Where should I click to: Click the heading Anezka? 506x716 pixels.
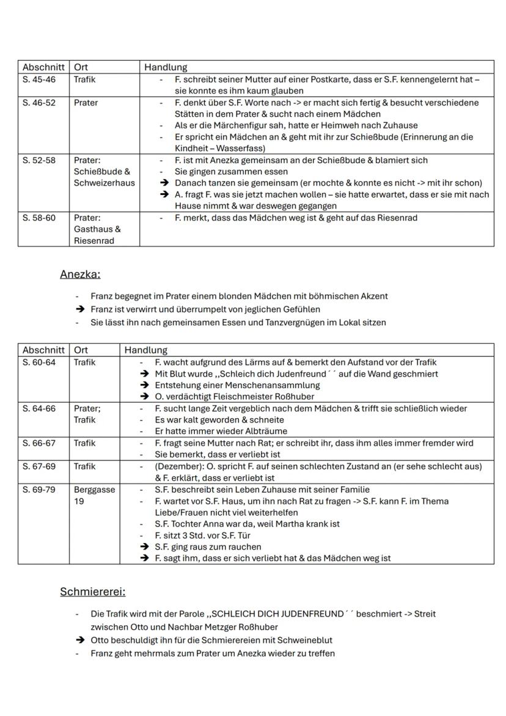(80, 275)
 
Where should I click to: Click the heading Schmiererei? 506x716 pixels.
(92, 592)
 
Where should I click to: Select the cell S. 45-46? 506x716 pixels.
(38, 79)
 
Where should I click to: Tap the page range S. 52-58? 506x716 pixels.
(38, 160)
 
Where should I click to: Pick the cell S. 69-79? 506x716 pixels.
(38, 490)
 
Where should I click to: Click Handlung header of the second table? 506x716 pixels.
(145, 350)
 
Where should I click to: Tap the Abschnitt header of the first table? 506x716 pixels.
(43, 67)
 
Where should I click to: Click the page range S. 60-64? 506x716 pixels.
(38, 362)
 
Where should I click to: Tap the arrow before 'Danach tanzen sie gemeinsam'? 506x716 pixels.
(164, 183)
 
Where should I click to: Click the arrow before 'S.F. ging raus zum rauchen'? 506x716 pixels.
(144, 547)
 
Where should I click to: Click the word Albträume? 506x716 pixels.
(237, 431)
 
